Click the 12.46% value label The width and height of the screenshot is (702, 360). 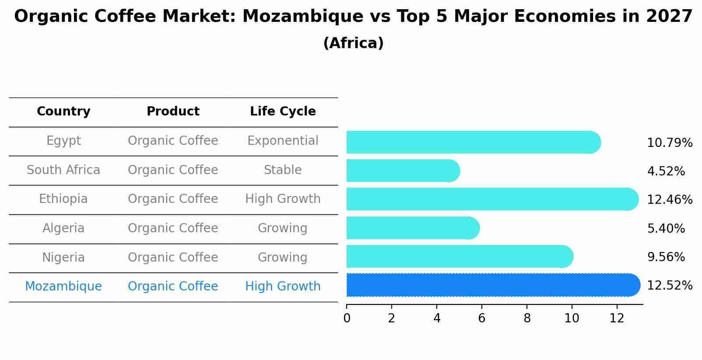click(669, 200)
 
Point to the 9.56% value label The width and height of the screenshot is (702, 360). click(666, 257)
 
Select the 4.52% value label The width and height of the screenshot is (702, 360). click(666, 171)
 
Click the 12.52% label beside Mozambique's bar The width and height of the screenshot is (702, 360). click(669, 286)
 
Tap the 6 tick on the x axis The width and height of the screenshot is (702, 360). click(481, 318)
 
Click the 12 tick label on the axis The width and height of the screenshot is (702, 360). click(617, 318)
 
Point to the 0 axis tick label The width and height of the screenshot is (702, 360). click(347, 318)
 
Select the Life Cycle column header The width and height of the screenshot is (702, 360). click(283, 112)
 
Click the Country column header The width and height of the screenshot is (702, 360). click(63, 112)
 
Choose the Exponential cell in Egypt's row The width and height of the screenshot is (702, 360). click(283, 141)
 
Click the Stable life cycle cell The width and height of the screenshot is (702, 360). click(283, 170)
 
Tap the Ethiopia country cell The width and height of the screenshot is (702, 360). click(63, 199)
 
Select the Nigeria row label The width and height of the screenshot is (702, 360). click(63, 257)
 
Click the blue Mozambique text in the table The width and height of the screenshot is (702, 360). click(63, 287)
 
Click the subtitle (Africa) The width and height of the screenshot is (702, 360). click(353, 43)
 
